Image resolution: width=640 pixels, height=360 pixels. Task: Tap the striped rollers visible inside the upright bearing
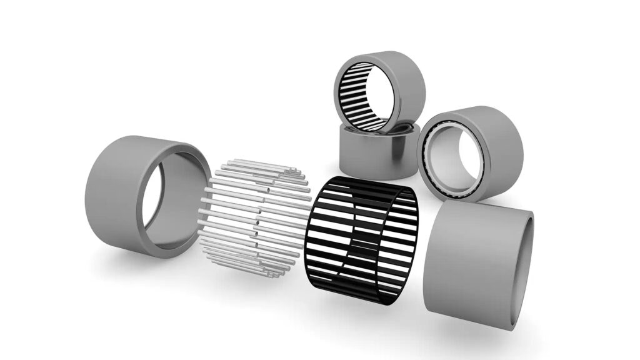point(353,94)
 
